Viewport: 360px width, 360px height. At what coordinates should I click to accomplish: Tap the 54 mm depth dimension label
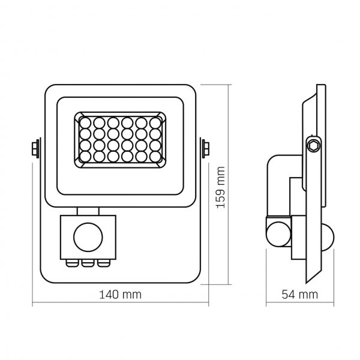pos(299,295)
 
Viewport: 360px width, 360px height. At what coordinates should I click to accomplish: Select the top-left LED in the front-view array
pos(85,122)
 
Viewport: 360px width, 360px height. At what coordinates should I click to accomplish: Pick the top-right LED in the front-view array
pos(155,122)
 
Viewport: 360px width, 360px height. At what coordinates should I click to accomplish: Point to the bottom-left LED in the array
pos(85,156)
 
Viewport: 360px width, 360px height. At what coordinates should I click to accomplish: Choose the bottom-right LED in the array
pos(155,156)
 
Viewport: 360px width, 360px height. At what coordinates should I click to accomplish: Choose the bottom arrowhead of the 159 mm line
pos(230,286)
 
